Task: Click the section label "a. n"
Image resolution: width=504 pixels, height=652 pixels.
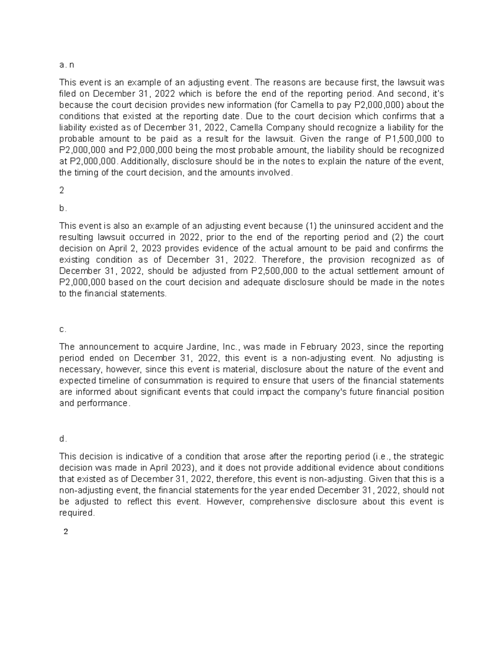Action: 66,65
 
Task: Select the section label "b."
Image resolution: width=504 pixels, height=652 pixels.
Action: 63,208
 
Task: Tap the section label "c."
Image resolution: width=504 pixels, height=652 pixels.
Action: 63,330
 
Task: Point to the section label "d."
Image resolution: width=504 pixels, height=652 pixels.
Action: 63,439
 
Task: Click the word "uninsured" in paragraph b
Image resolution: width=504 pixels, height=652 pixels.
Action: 352,226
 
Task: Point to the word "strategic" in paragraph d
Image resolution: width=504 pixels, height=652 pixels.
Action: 427,457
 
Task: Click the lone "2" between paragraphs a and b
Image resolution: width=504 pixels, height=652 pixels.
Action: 62,191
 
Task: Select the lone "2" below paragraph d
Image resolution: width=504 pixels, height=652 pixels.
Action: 65,532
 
